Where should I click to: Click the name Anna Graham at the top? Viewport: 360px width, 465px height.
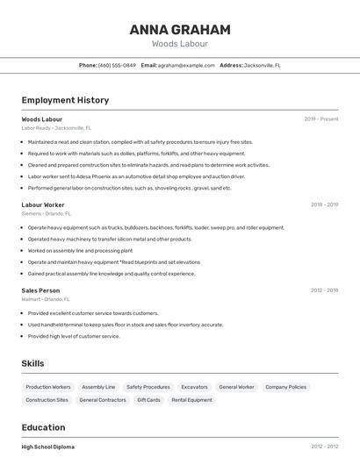pos(179,30)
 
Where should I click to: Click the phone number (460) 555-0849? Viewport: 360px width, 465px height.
pos(117,66)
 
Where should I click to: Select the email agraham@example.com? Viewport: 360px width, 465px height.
pos(186,66)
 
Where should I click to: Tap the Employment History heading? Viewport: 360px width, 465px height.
pos(65,101)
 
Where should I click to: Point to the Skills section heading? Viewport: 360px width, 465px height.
pos(33,363)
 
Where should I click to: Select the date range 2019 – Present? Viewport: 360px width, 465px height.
pos(321,119)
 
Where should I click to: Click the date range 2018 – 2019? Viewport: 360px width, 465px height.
pos(324,205)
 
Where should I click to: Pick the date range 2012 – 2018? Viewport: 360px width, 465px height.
pos(324,290)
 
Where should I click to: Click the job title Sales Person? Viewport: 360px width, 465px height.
pos(40,290)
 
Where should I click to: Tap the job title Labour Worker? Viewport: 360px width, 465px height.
pos(43,205)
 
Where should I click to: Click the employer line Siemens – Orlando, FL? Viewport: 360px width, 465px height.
pos(47,213)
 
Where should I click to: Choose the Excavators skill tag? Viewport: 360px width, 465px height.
pos(194,387)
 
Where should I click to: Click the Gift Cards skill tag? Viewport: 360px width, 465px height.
pos(148,400)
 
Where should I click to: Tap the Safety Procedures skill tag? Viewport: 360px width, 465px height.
pos(148,387)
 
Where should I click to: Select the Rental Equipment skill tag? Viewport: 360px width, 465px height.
pos(191,400)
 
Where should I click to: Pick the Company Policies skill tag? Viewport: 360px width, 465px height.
pos(285,387)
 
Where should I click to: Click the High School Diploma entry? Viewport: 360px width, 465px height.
pos(48,447)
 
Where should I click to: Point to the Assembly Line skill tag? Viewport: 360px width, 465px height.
pos(98,387)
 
